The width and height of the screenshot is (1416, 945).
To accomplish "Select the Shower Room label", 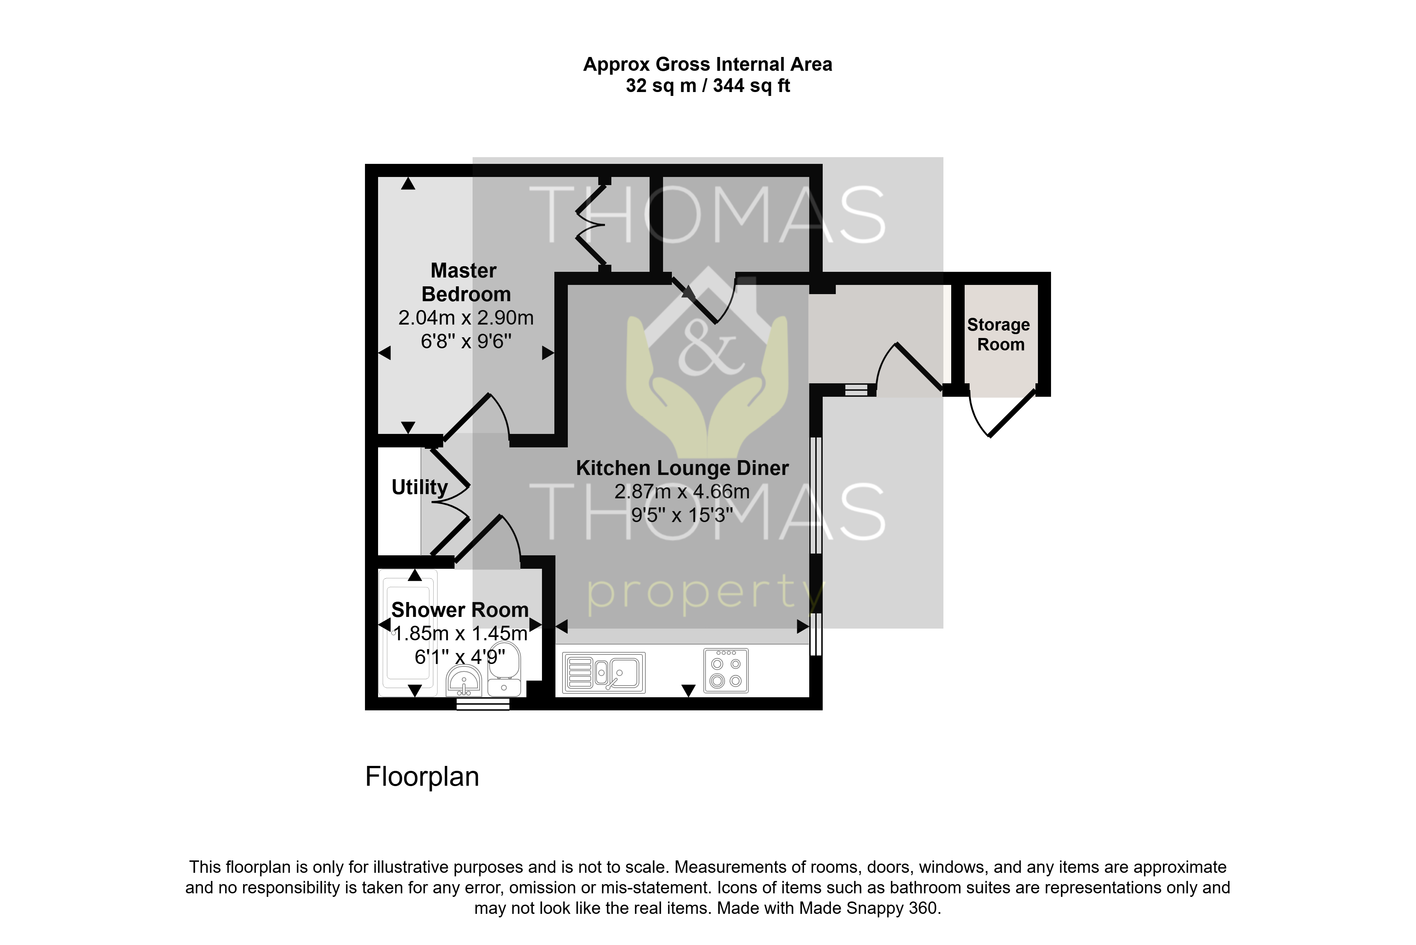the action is (460, 610).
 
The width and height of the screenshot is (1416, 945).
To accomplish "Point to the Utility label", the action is (419, 487).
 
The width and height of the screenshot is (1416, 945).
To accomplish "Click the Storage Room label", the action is (999, 334).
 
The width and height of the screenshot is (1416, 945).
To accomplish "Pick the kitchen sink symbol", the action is (604, 672).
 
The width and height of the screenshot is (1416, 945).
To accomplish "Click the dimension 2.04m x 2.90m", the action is (466, 317).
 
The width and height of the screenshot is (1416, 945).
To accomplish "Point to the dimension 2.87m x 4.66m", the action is (682, 492).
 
